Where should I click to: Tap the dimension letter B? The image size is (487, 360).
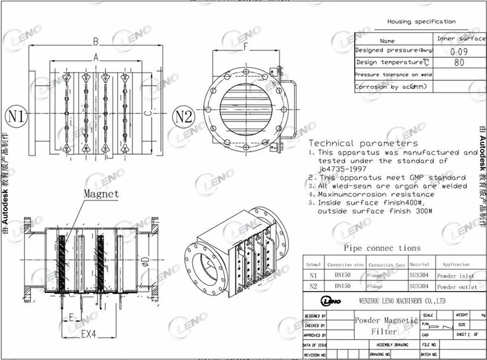[x=96, y=42]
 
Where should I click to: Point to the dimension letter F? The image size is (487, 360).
[x=246, y=46]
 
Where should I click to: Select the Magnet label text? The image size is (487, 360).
[x=101, y=194]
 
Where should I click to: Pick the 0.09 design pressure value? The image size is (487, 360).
[x=457, y=51]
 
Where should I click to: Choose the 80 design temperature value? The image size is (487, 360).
[x=459, y=63]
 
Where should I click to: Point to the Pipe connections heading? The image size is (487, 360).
[x=382, y=248]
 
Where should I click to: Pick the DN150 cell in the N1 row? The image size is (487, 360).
[x=343, y=276]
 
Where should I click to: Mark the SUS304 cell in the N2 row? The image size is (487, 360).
[x=419, y=287]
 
